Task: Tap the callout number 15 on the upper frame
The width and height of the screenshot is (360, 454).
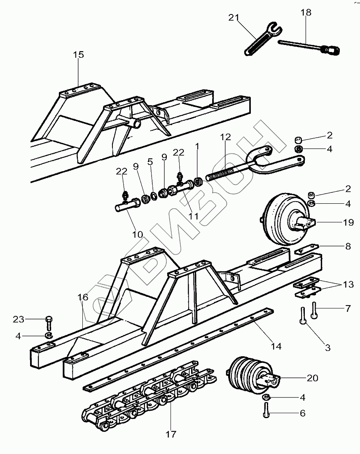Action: pyautogui.click(x=78, y=54)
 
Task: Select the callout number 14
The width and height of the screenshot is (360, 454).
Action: pyautogui.click(x=276, y=346)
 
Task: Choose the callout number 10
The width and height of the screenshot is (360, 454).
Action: pyautogui.click(x=137, y=234)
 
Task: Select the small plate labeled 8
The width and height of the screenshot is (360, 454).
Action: pyautogui.click(x=307, y=249)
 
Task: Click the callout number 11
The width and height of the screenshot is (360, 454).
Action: pyautogui.click(x=194, y=216)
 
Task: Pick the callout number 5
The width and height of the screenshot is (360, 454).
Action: pyautogui.click(x=150, y=162)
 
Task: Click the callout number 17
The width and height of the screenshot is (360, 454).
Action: pyautogui.click(x=171, y=434)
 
